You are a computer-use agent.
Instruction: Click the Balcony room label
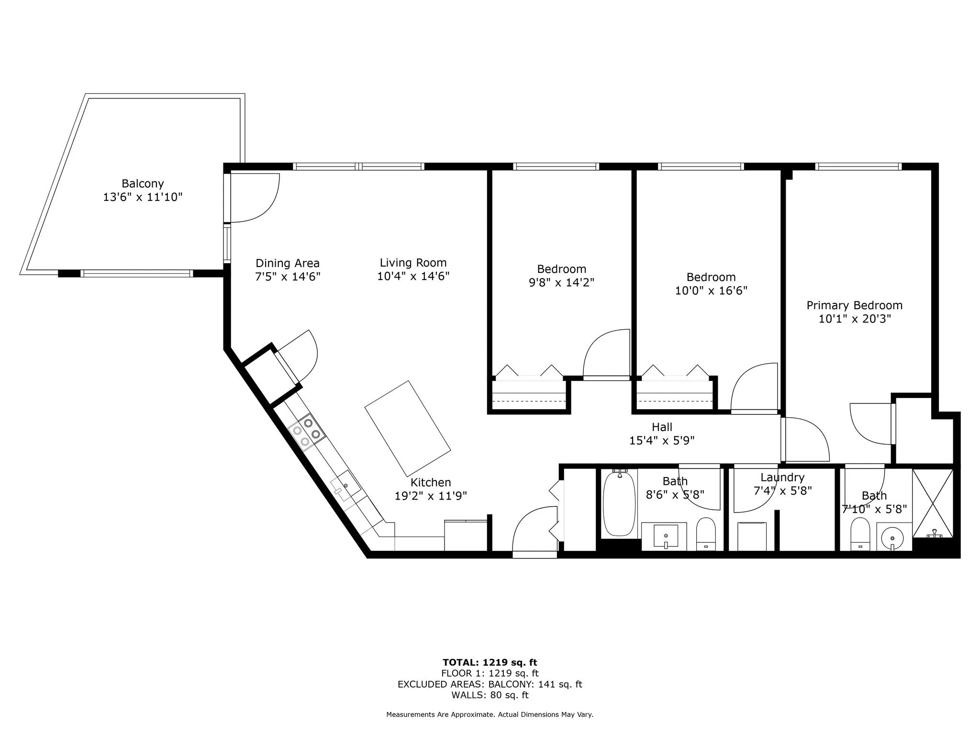[143, 184]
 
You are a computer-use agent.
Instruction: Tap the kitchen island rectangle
[407, 426]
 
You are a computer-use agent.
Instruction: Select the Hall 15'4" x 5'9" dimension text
[662, 440]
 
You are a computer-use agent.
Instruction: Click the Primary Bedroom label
[854, 305]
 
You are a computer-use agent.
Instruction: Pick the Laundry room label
[782, 477]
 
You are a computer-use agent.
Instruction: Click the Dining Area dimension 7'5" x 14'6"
[287, 277]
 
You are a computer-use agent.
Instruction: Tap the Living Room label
[413, 263]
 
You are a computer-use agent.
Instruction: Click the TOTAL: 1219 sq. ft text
[490, 663]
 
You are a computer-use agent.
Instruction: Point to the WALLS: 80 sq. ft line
[490, 695]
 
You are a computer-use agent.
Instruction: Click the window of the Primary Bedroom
[858, 167]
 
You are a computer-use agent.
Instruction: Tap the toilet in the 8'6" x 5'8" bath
[705, 535]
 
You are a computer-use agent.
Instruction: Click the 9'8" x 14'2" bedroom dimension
[561, 282]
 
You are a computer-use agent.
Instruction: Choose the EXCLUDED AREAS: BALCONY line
[490, 684]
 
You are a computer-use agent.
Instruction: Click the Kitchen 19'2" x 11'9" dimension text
[431, 496]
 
